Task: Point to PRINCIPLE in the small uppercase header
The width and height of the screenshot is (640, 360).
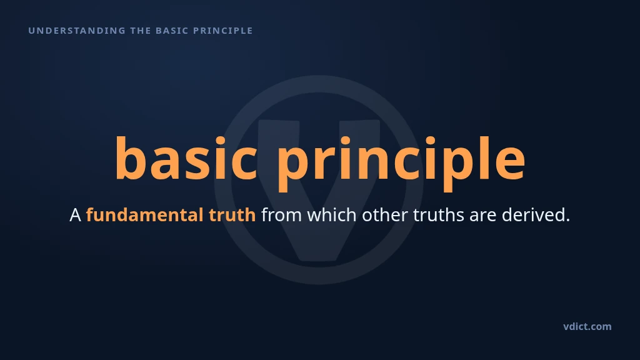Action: pyautogui.click(x=223, y=31)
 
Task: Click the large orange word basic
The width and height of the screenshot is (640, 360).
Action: pyautogui.click(x=186, y=158)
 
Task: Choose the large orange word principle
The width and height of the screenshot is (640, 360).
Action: pyautogui.click(x=401, y=163)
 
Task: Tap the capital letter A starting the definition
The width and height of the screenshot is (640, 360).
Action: pyautogui.click(x=76, y=215)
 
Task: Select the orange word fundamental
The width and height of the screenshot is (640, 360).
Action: pyautogui.click(x=145, y=215)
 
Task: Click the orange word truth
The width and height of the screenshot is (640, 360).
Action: pyautogui.click(x=232, y=215)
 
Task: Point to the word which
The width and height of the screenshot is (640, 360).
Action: pyautogui.click(x=332, y=215)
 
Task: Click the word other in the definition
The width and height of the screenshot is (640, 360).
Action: pyautogui.click(x=385, y=215)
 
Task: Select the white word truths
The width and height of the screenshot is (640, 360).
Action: pyautogui.click(x=438, y=215)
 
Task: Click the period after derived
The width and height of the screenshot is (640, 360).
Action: pyautogui.click(x=567, y=220)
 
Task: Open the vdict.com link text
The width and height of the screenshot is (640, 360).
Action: pyautogui.click(x=587, y=326)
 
